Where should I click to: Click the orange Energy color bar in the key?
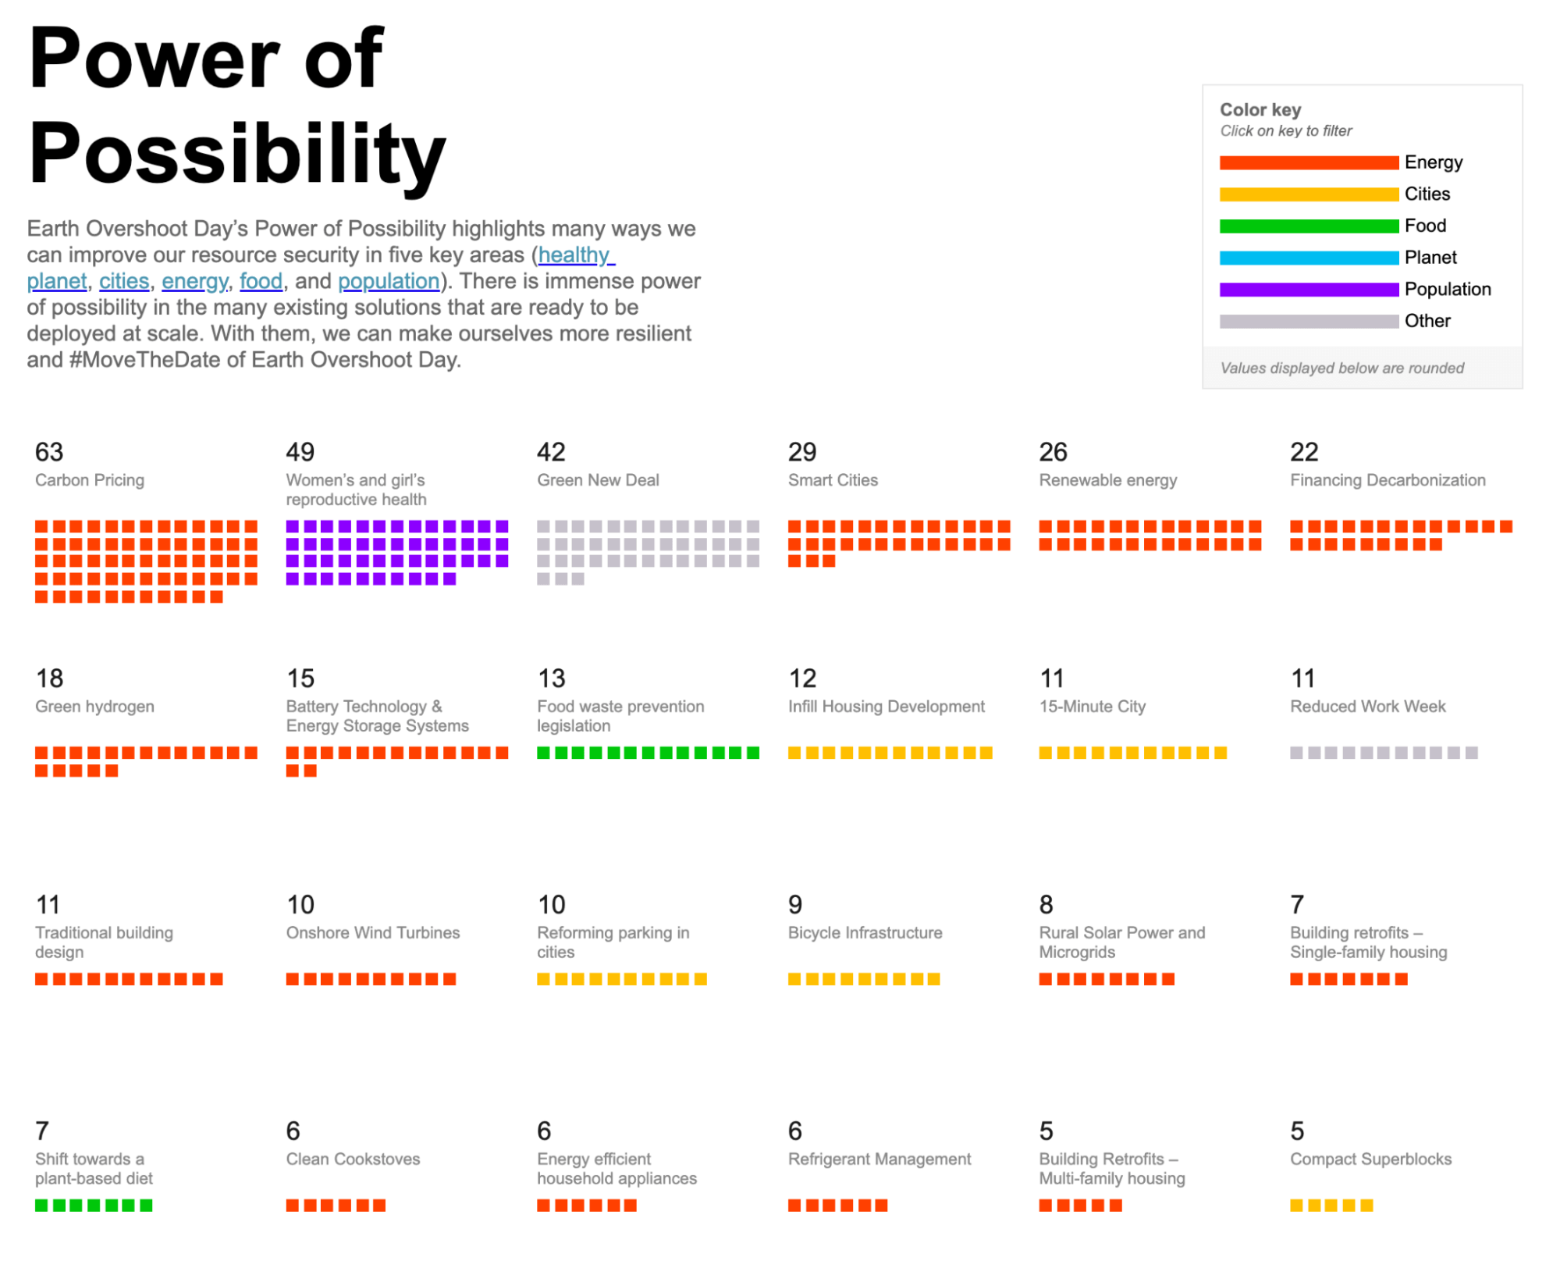pyautogui.click(x=1308, y=162)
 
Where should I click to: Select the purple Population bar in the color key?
pyautogui.click(x=1308, y=290)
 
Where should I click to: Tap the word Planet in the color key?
pyautogui.click(x=1430, y=258)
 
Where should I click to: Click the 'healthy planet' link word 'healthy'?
pyautogui.click(x=575, y=255)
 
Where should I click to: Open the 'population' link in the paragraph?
pyautogui.click(x=389, y=281)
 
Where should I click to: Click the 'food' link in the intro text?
pyautogui.click(x=261, y=281)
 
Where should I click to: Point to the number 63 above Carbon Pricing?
pyautogui.click(x=49, y=452)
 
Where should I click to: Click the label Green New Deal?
pyautogui.click(x=598, y=480)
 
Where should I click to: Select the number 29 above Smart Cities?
pyautogui.click(x=802, y=452)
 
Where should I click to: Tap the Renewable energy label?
pyautogui.click(x=1107, y=480)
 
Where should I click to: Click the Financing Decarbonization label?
pyautogui.click(x=1387, y=480)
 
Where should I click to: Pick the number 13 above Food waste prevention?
pyautogui.click(x=551, y=678)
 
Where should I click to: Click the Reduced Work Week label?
pyautogui.click(x=1367, y=707)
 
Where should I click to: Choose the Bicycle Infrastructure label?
pyautogui.click(x=865, y=933)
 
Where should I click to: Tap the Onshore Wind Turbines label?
pyautogui.click(x=372, y=933)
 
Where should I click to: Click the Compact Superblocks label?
pyautogui.click(x=1370, y=1159)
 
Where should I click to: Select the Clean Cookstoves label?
pyautogui.click(x=353, y=1159)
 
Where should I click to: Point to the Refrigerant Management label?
pyautogui.click(x=879, y=1159)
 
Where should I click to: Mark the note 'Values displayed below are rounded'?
pyautogui.click(x=1341, y=369)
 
